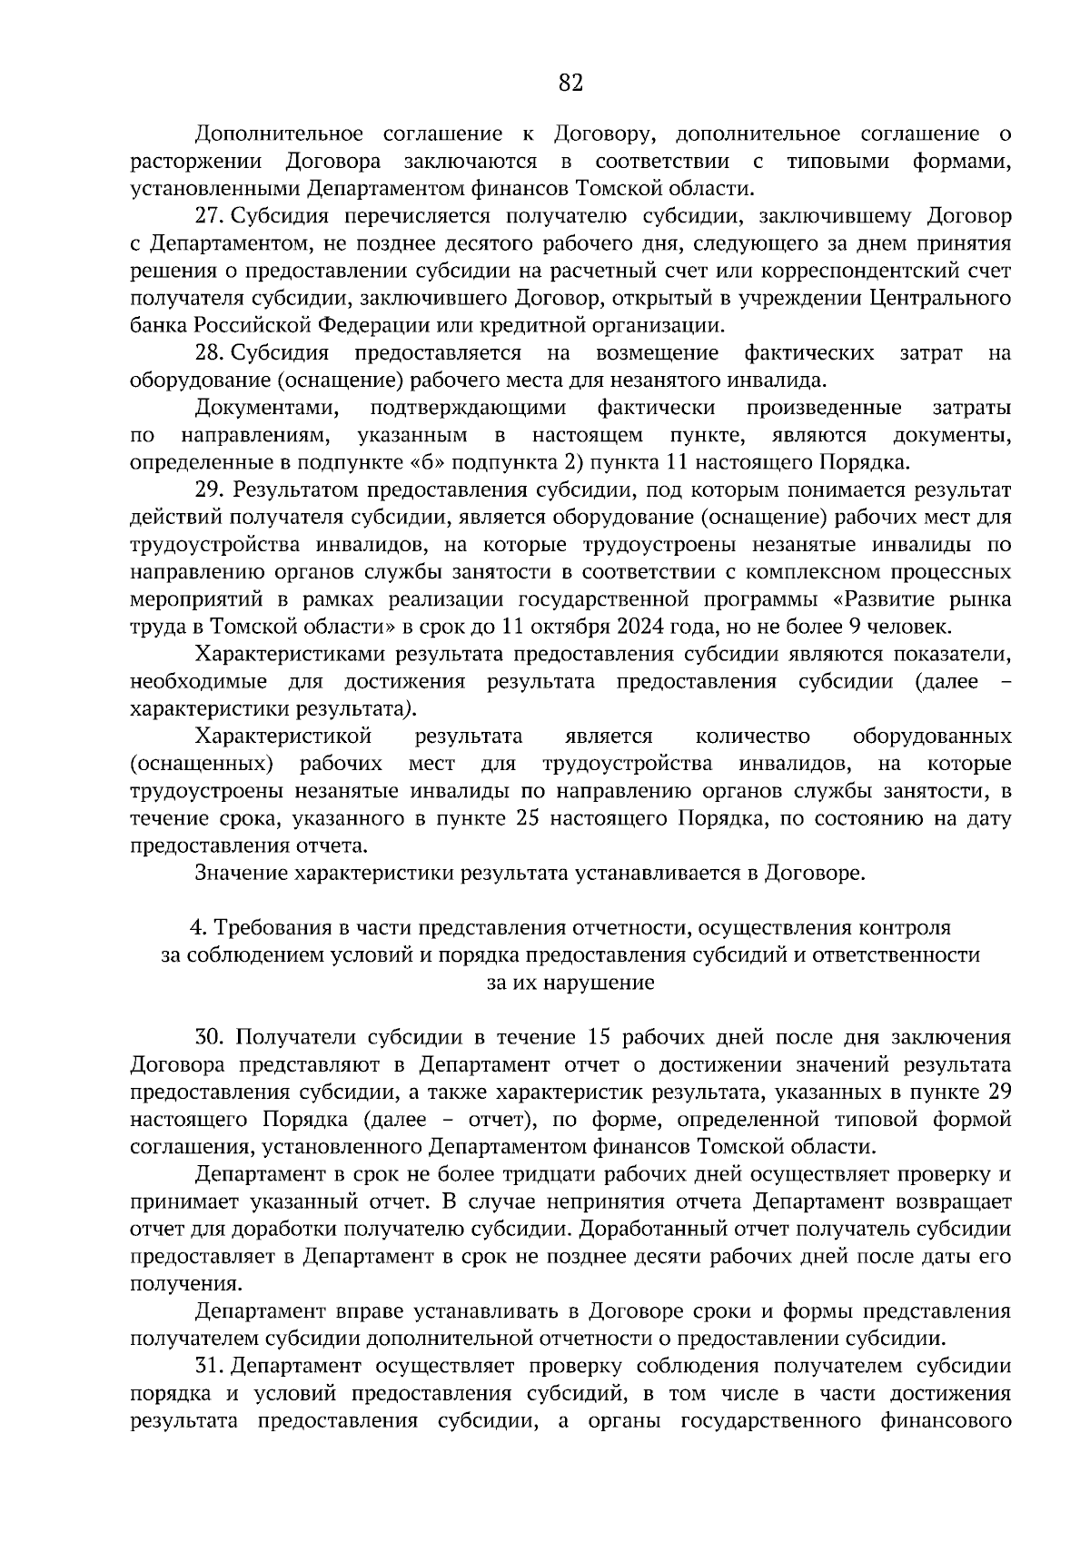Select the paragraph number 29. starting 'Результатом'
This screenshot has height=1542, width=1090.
pos(210,490)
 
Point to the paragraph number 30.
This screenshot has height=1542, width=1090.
pos(210,1037)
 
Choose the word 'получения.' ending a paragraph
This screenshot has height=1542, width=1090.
pos(186,1284)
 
